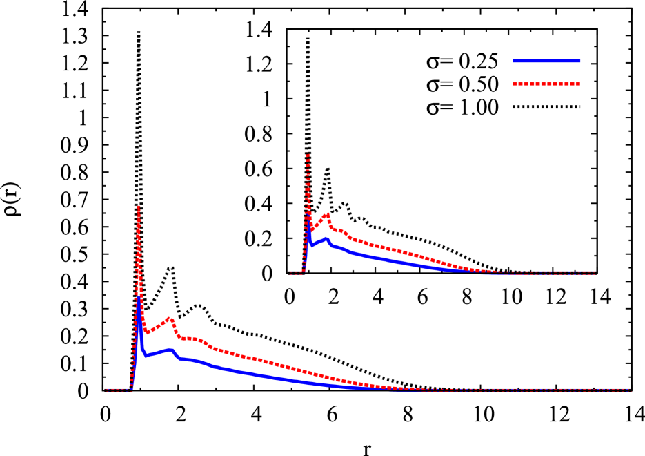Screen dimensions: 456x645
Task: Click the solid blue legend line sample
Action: click(x=546, y=61)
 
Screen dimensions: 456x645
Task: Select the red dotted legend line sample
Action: click(x=546, y=84)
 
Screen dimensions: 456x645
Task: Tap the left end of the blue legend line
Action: click(x=514, y=61)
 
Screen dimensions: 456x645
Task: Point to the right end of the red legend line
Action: click(x=579, y=84)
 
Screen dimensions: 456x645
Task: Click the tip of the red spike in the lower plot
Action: click(x=139, y=207)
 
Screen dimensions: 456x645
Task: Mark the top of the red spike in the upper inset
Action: click(x=308, y=155)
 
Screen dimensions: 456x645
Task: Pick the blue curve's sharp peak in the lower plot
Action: click(x=139, y=298)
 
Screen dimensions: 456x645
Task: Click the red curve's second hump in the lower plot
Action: click(x=170, y=319)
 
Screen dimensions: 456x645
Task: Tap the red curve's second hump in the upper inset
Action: click(x=327, y=214)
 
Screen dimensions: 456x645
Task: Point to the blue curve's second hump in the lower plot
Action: click(x=169, y=350)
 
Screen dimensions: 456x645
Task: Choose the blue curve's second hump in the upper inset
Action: click(x=326, y=238)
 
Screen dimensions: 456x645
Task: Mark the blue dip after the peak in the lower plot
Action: click(x=146, y=355)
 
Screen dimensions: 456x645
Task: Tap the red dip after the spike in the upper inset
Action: click(x=312, y=229)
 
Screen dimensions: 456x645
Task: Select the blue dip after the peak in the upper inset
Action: click(x=312, y=245)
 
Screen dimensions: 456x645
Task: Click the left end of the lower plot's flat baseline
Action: click(x=107, y=390)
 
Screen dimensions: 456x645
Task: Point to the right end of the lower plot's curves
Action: click(x=630, y=390)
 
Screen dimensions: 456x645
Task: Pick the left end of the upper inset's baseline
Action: click(x=290, y=273)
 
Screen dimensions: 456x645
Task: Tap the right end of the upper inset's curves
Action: click(x=594, y=273)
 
